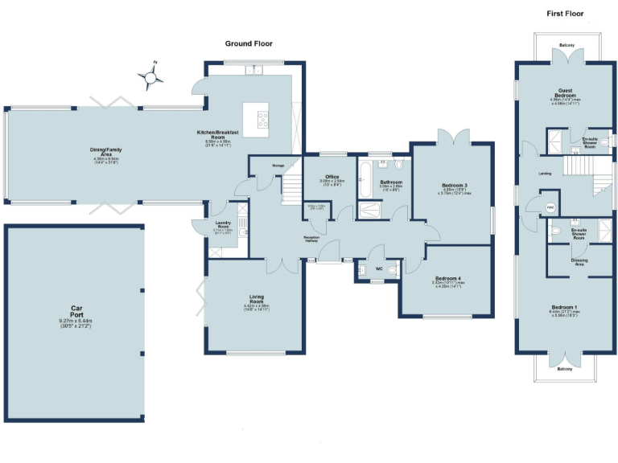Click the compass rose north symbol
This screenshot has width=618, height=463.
tap(151, 76)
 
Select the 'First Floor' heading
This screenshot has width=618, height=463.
tap(565, 14)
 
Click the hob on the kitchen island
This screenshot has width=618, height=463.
tap(263, 120)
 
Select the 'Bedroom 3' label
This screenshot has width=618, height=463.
tap(454, 186)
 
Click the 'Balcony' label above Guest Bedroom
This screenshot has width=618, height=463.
tap(567, 45)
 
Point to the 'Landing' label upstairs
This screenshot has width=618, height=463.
tap(545, 173)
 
